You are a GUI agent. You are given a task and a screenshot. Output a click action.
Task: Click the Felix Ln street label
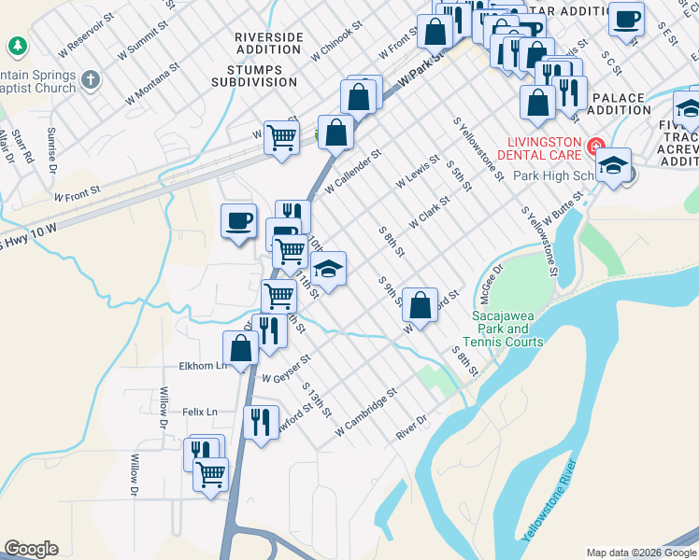(x=199, y=412)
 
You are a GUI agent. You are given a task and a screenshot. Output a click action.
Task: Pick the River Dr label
(x=410, y=428)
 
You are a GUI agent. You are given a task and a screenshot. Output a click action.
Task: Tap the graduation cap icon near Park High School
(x=613, y=166)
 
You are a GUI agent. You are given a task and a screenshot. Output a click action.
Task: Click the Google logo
(x=31, y=549)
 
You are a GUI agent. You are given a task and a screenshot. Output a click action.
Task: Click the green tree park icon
(x=17, y=46)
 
